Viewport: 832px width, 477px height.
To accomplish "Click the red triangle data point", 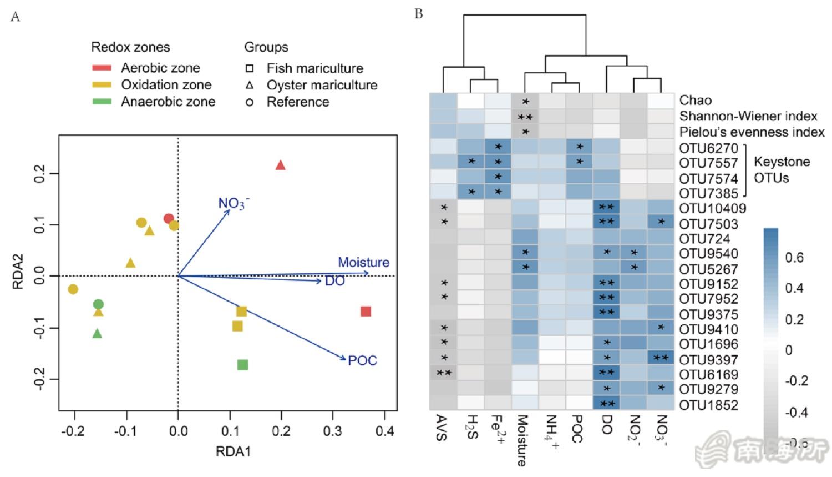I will [x=281, y=165].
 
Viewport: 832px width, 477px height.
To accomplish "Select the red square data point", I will [x=366, y=311].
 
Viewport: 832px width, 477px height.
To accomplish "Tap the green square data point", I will [x=242, y=365].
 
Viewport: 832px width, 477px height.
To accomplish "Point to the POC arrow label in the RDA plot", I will [x=362, y=360].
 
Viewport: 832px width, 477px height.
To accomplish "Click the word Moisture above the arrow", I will [x=363, y=262].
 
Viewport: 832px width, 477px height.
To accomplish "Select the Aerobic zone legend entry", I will [x=160, y=68].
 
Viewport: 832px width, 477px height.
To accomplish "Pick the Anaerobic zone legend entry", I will [x=168, y=102].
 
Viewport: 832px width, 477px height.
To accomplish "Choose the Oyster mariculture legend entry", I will [x=322, y=85].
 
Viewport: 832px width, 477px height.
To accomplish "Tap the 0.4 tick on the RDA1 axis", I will [x=385, y=431].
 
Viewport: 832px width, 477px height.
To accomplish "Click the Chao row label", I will [x=695, y=101].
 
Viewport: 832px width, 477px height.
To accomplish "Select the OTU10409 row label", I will [x=712, y=209].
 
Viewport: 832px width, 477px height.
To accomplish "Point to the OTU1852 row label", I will [x=708, y=405].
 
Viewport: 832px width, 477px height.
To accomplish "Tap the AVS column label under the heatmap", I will [x=442, y=428].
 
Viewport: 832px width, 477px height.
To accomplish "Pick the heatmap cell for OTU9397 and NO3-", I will [x=661, y=358].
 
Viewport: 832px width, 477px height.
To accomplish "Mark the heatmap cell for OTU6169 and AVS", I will [x=443, y=373].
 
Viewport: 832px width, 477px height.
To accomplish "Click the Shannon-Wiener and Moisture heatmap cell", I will [x=525, y=117].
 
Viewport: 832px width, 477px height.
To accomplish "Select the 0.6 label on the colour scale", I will [x=794, y=257].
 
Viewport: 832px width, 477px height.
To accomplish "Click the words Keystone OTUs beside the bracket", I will [x=781, y=170].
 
